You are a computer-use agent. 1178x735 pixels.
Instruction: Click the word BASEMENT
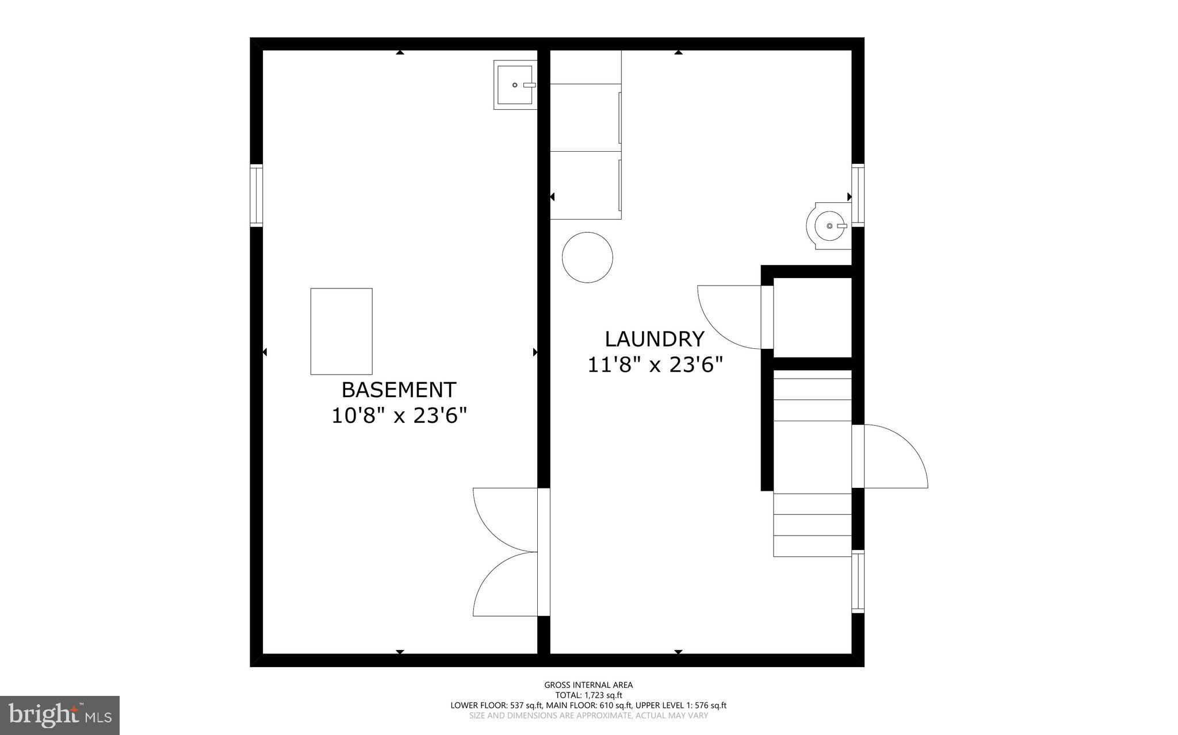(x=399, y=390)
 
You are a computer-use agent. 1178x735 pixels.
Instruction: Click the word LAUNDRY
(x=654, y=339)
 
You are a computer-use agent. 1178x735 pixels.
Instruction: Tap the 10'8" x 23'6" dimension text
(x=399, y=415)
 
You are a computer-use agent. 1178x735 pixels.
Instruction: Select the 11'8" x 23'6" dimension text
(x=655, y=365)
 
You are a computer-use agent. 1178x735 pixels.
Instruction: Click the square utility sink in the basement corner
(x=515, y=85)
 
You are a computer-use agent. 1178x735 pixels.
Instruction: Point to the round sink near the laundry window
(x=828, y=226)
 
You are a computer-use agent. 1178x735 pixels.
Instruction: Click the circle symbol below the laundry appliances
(x=587, y=257)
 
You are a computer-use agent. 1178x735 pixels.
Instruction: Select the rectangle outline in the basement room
(x=341, y=332)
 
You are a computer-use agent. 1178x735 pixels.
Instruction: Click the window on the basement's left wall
(x=256, y=195)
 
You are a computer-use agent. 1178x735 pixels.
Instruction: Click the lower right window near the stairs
(x=858, y=581)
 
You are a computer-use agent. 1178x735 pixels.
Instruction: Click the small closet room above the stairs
(x=812, y=317)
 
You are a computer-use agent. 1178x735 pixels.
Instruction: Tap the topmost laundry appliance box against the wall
(x=585, y=67)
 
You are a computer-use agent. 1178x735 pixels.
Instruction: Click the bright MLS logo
(x=60, y=715)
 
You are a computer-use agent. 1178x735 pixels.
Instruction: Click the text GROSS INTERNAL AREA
(x=588, y=684)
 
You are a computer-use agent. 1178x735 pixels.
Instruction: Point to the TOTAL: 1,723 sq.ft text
(x=588, y=695)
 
